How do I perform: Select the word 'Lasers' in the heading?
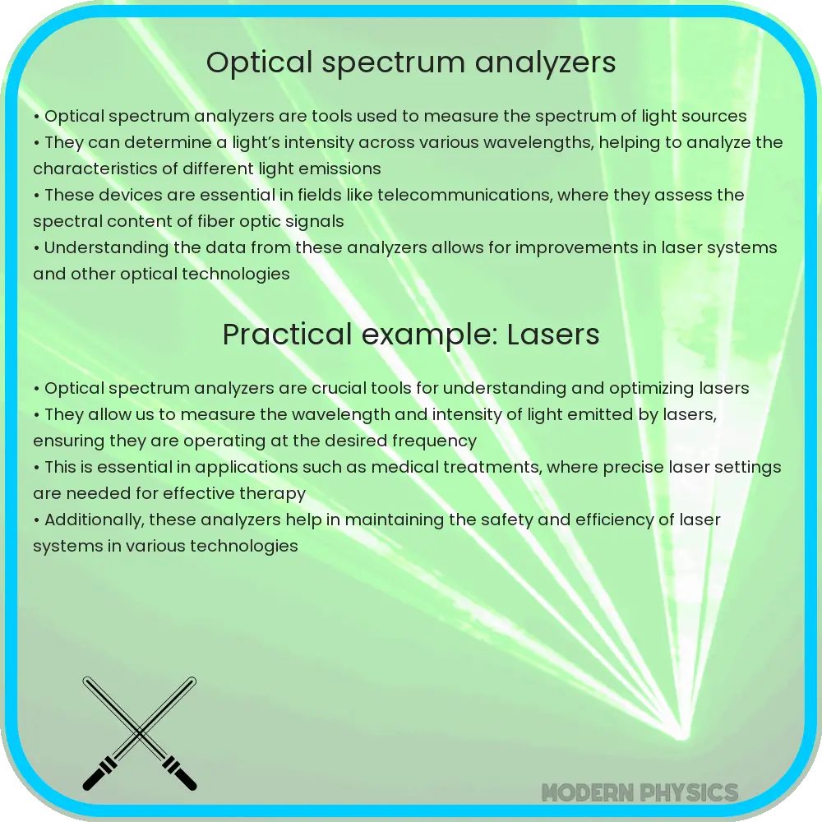[x=553, y=335]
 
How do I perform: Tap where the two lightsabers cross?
[x=140, y=732]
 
